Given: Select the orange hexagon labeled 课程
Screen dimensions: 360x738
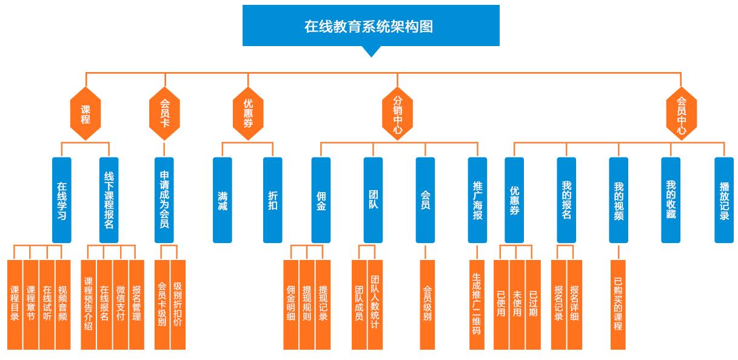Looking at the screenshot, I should [x=86, y=114].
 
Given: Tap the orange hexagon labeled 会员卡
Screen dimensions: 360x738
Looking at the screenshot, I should [x=164, y=114].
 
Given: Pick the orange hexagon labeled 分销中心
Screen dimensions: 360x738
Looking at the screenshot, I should [x=397, y=114].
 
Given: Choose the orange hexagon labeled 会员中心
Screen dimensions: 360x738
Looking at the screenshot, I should [x=681, y=114].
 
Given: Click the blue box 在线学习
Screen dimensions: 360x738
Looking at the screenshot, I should [x=61, y=200].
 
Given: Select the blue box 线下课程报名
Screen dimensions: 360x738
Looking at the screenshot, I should [x=109, y=200].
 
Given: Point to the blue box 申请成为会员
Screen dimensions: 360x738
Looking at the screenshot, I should [x=164, y=200].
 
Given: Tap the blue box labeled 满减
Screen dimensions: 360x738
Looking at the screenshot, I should [x=223, y=200].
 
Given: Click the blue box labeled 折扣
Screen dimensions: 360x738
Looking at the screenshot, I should [x=273, y=200].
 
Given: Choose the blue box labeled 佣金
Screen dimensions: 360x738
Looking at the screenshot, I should [x=321, y=200].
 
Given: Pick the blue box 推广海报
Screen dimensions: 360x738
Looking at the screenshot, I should [x=477, y=200].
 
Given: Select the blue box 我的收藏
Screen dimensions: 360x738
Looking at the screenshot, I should [x=671, y=200].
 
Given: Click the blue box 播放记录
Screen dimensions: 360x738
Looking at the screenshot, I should [x=724, y=200].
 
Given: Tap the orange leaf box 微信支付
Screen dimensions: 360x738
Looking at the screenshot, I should [x=121, y=304].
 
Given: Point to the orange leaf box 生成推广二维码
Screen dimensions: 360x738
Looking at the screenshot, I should [x=477, y=304].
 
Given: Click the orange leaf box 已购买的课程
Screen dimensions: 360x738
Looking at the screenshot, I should [x=618, y=304].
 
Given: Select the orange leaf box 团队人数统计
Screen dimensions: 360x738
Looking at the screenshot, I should [x=375, y=304].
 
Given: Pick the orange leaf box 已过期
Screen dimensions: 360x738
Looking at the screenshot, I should [x=532, y=304].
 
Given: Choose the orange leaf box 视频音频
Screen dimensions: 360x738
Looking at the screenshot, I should [x=62, y=304].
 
